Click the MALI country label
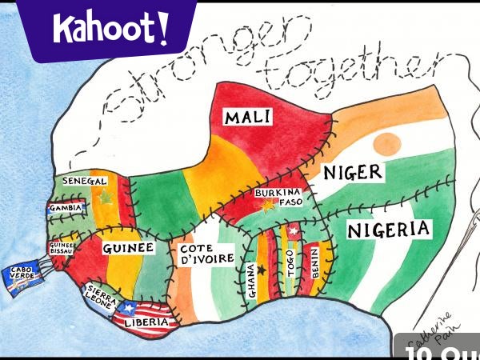247,118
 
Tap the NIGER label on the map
353,172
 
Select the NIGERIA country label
389,230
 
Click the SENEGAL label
85,182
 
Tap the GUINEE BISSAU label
62,247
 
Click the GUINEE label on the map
128,249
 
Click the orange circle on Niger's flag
387,143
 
